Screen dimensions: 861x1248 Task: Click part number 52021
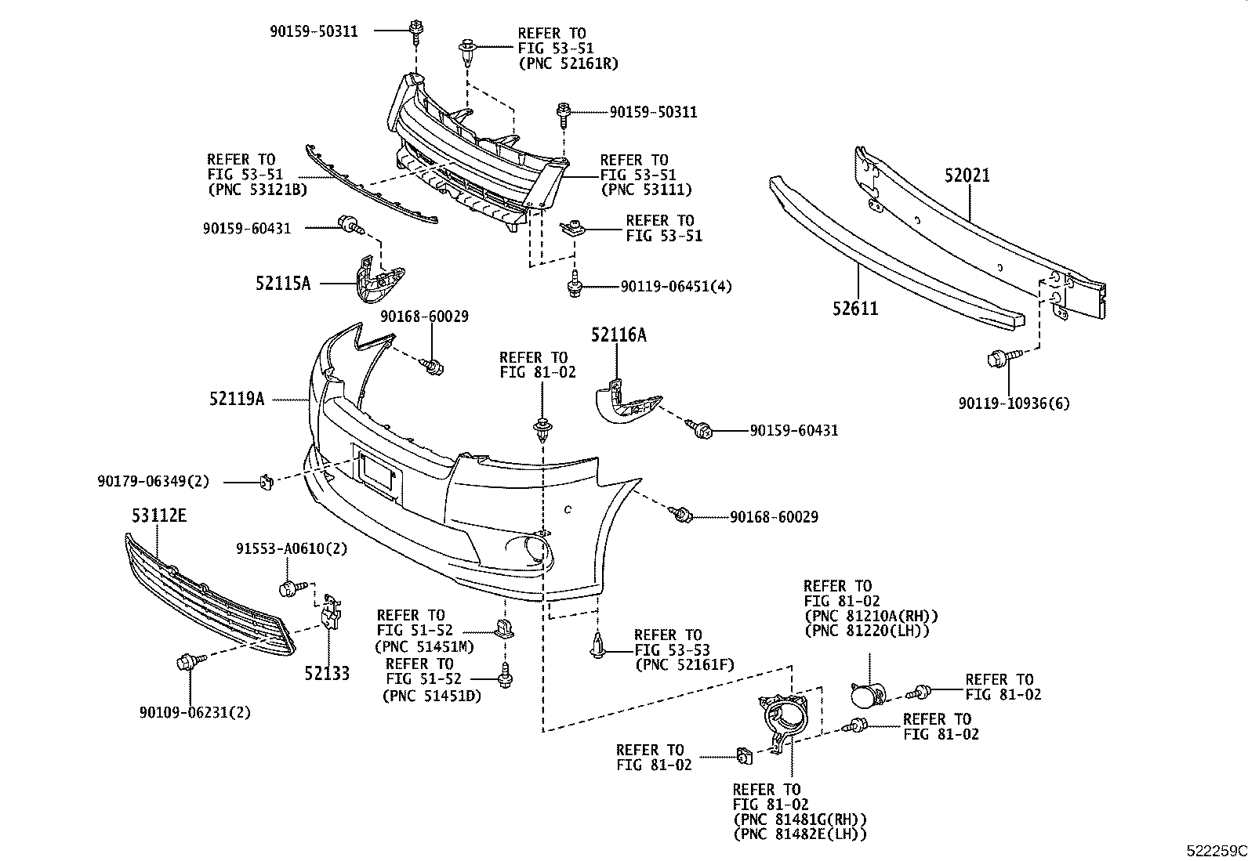click(967, 175)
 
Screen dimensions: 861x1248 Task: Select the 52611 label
click(855, 309)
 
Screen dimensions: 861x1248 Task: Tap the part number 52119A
click(236, 400)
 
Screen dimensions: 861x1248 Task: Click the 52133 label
click(327, 673)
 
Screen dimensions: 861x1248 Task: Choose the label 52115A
click(282, 283)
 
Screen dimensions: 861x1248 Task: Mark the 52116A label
click(619, 335)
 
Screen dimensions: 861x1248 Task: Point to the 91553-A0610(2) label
click(292, 548)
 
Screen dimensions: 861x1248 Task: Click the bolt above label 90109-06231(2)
click(189, 662)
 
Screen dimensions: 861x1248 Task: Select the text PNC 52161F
click(684, 666)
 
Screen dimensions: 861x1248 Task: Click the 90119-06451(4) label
click(675, 287)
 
